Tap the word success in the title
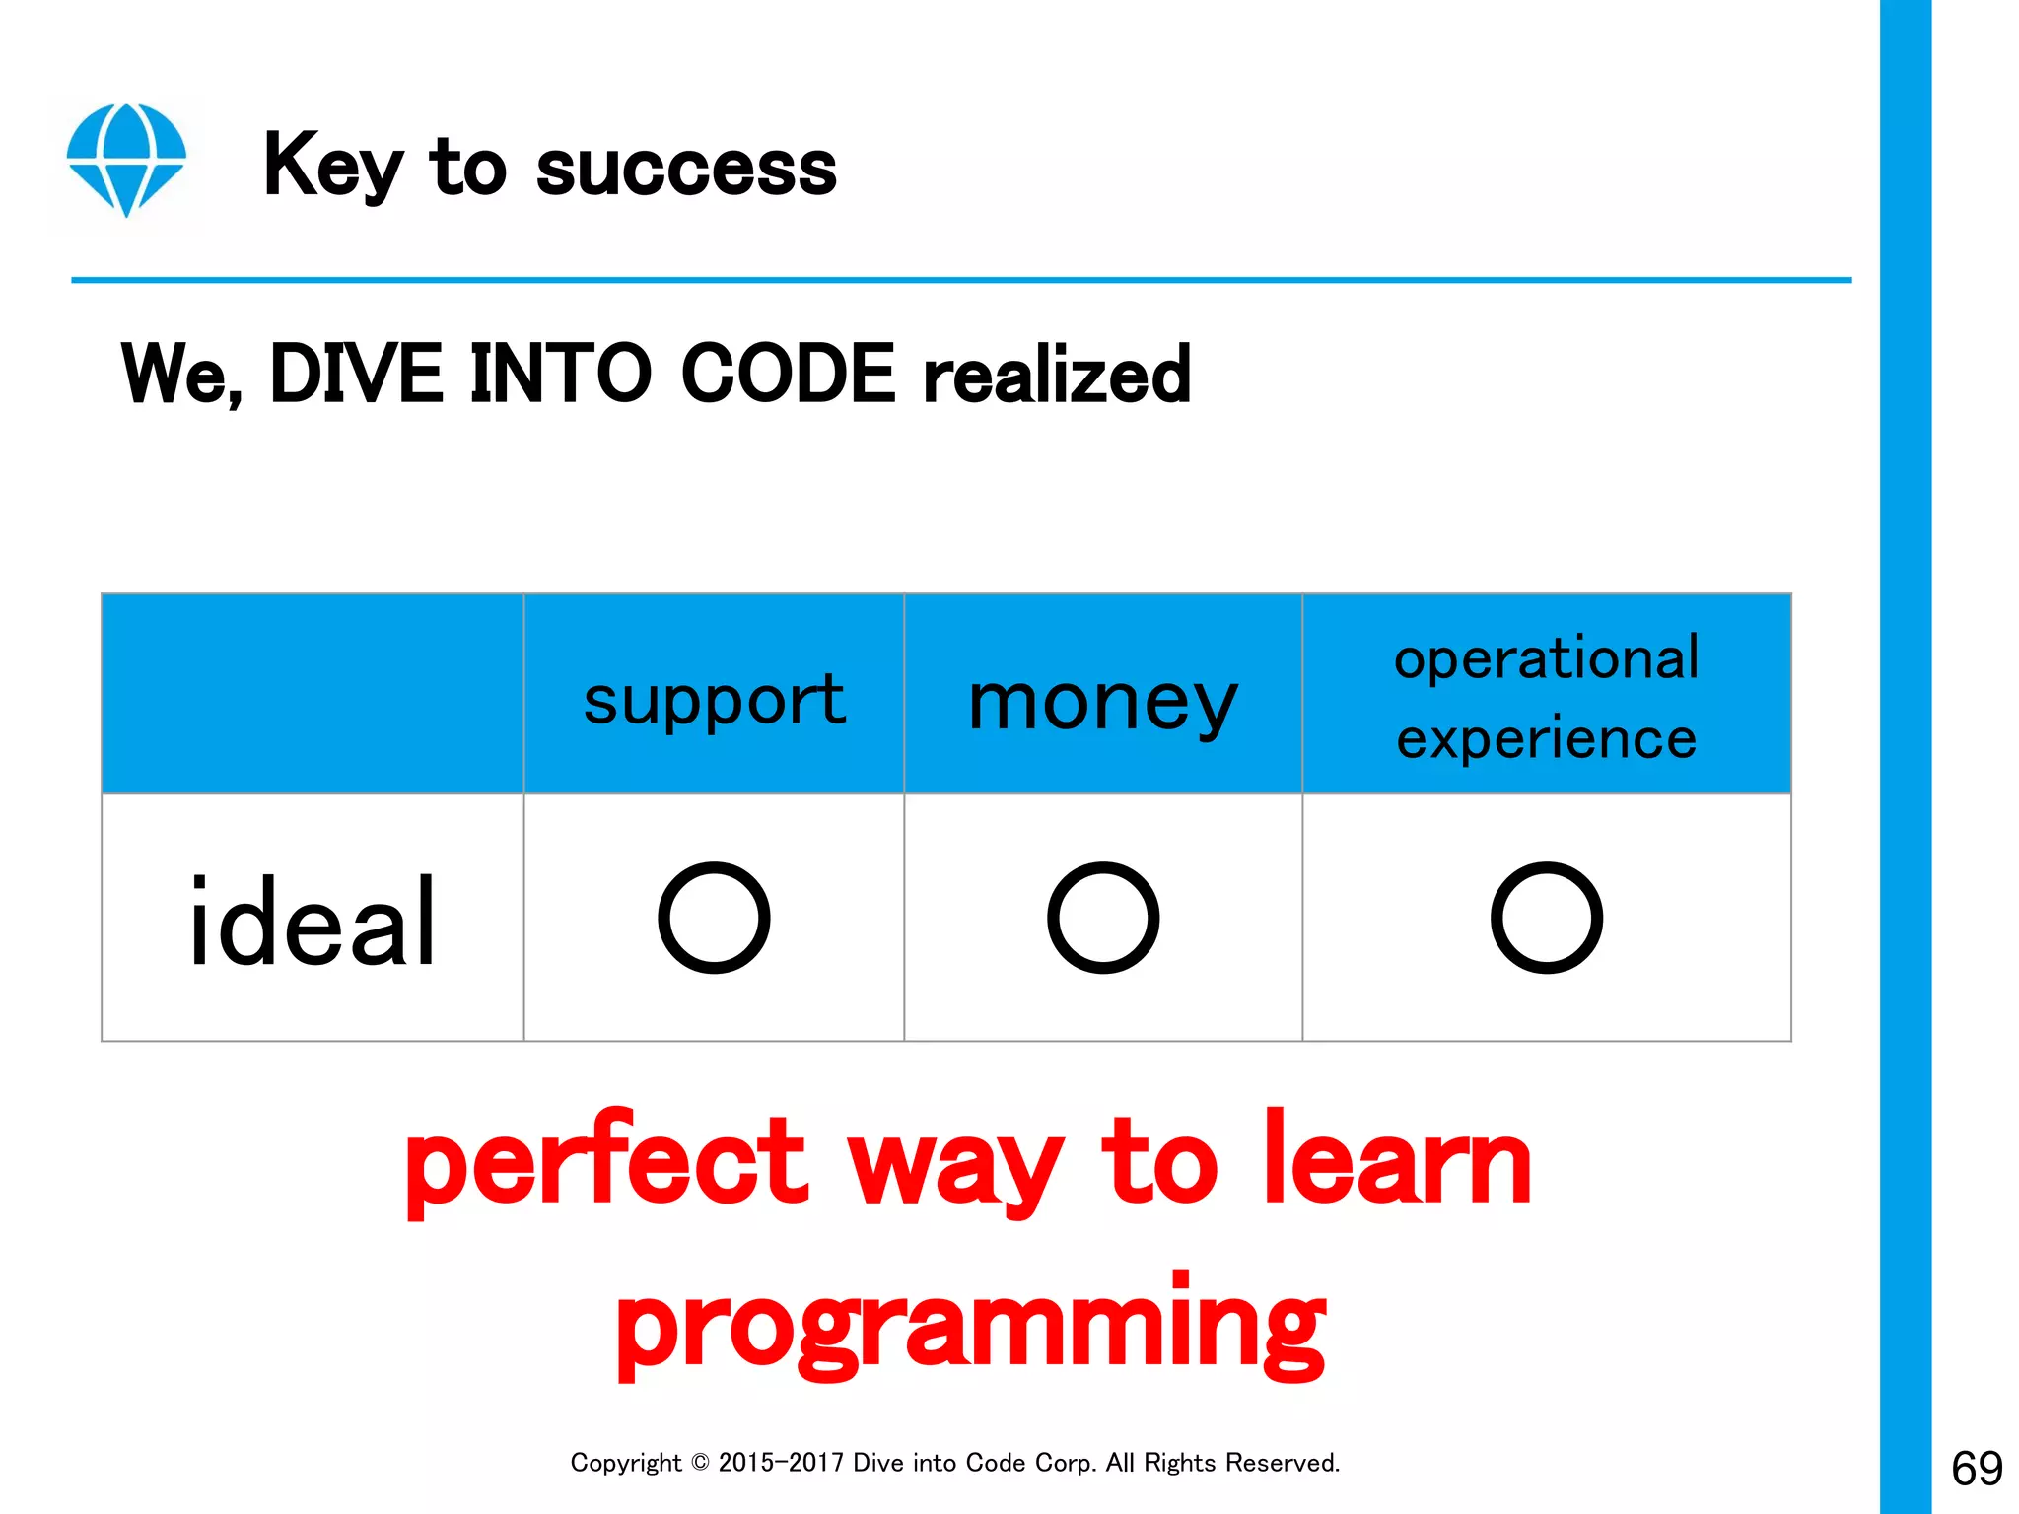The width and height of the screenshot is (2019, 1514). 686,168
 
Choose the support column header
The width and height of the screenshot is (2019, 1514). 714,700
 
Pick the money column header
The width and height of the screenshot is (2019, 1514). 1102,702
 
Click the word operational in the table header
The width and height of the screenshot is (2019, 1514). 1546,657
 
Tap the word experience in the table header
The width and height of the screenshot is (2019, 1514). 1546,738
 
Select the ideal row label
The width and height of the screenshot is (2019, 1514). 312,922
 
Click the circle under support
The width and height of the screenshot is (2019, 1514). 714,918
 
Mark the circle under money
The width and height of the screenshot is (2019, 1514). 1103,918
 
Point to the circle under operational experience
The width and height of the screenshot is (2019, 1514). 1546,918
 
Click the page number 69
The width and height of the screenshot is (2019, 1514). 1977,1469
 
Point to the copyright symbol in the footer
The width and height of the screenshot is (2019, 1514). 700,1463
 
